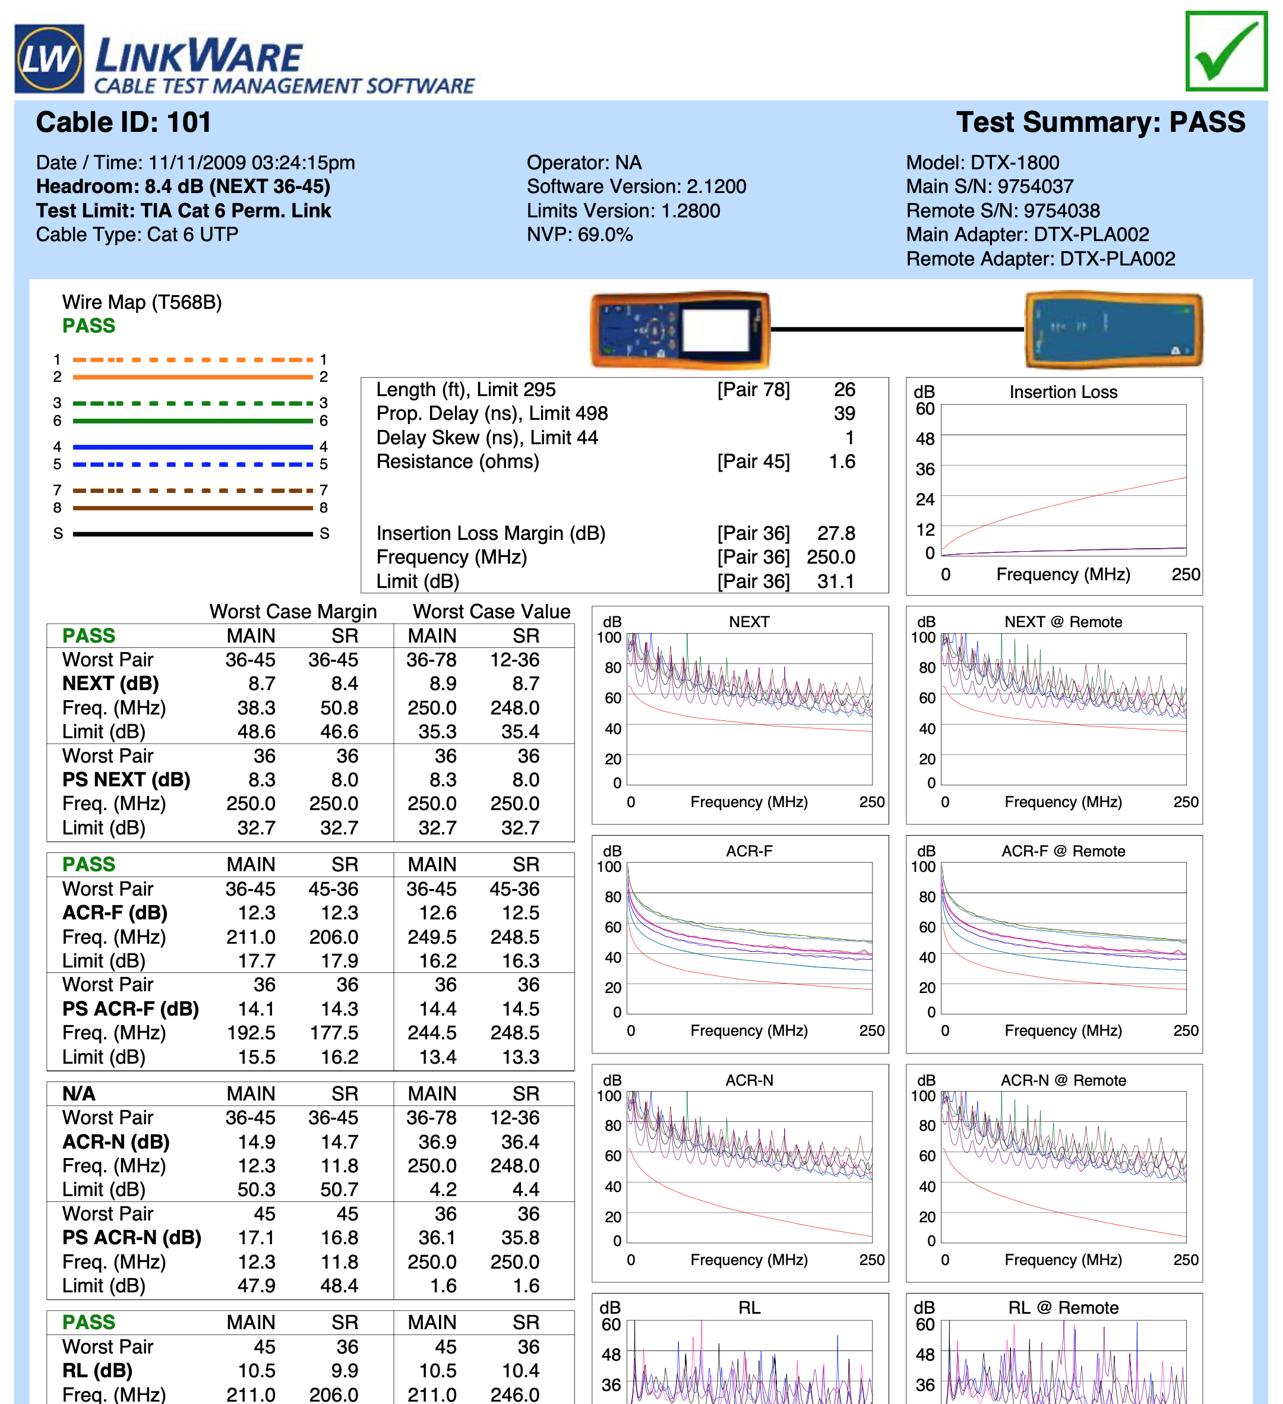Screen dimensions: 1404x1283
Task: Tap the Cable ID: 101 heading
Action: pyautogui.click(x=124, y=122)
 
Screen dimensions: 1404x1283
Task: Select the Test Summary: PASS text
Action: pyautogui.click(x=1100, y=122)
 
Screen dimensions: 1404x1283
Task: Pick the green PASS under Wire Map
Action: pyautogui.click(x=89, y=326)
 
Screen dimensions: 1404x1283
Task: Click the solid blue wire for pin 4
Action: pyautogui.click(x=192, y=447)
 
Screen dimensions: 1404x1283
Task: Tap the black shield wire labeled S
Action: pyautogui.click(x=192, y=534)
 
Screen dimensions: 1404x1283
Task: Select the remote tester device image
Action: pyautogui.click(x=1113, y=330)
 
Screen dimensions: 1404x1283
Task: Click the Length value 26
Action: pyautogui.click(x=843, y=389)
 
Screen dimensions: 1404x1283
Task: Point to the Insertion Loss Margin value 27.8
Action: pyautogui.click(x=835, y=533)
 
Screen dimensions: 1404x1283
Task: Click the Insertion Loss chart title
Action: pyautogui.click(x=1063, y=392)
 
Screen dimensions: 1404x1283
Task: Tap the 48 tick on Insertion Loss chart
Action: pyautogui.click(x=924, y=439)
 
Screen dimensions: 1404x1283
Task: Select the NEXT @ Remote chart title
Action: pyautogui.click(x=1062, y=622)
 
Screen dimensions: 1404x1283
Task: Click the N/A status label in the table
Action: pyautogui.click(x=79, y=1093)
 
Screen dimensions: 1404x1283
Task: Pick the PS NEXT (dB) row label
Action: pyautogui.click(x=126, y=780)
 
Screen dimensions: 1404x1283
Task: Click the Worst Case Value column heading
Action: pyautogui.click(x=491, y=612)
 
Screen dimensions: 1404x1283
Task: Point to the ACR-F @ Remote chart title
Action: pyautogui.click(x=1062, y=851)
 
